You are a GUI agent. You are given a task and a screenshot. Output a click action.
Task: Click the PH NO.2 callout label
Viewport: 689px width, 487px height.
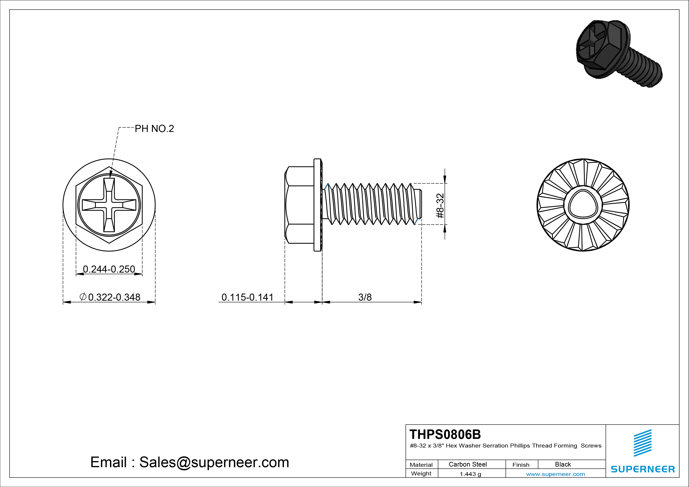154,129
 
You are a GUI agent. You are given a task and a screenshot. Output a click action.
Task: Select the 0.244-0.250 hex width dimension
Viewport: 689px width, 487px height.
109,269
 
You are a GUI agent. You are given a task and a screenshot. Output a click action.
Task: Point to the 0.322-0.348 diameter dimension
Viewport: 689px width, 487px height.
110,297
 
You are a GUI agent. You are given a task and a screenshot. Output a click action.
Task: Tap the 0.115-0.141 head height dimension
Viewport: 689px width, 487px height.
247,297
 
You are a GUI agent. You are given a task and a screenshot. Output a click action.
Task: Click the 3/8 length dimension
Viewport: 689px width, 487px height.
365,297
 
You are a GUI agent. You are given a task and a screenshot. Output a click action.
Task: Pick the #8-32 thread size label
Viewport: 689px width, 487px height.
440,206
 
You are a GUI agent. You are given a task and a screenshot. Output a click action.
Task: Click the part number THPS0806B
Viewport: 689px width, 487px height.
445,434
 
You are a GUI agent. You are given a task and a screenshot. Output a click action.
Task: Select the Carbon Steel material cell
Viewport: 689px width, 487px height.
467,464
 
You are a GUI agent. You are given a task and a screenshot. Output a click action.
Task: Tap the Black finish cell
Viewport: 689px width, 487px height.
563,464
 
